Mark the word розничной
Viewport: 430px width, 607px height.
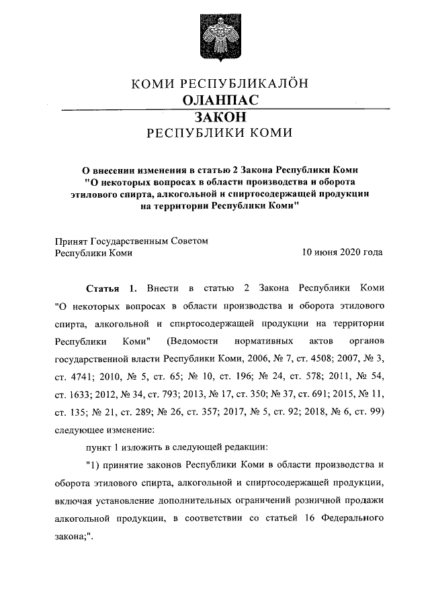pos(325,500)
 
